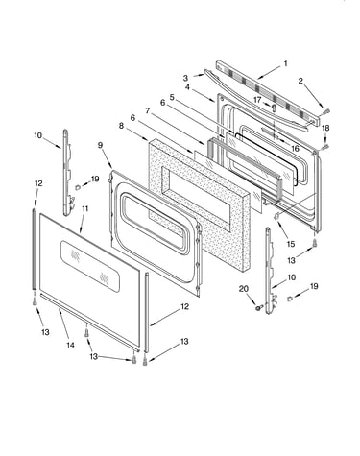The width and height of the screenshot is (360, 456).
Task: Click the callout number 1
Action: coord(286,64)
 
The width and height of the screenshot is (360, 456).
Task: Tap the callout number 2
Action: coord(300,81)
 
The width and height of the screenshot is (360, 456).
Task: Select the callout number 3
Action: coord(185,78)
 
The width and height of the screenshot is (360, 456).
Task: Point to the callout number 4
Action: coord(187,87)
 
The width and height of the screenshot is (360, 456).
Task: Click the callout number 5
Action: coord(172,97)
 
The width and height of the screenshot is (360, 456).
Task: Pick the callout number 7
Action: coord(148,110)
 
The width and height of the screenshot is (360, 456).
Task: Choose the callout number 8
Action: coord(121,126)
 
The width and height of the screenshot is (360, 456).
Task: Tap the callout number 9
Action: coord(100,145)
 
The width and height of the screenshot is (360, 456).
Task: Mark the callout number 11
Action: coord(84,209)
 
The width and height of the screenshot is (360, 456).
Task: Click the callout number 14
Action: coord(70,345)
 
